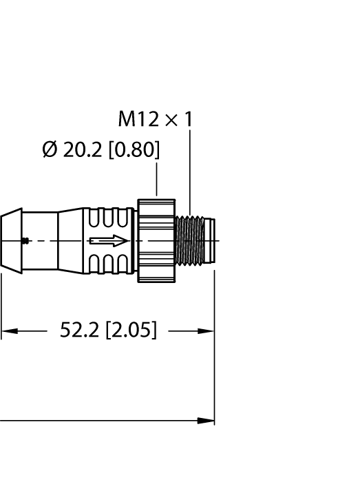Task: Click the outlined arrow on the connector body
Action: (109, 240)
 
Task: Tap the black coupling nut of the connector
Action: (156, 240)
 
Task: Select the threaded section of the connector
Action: (191, 240)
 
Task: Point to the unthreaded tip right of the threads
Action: (211, 240)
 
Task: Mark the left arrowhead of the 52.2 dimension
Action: (7, 331)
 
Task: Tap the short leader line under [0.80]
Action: (157, 180)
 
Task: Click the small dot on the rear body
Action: (25, 240)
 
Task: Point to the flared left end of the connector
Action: (10, 240)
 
